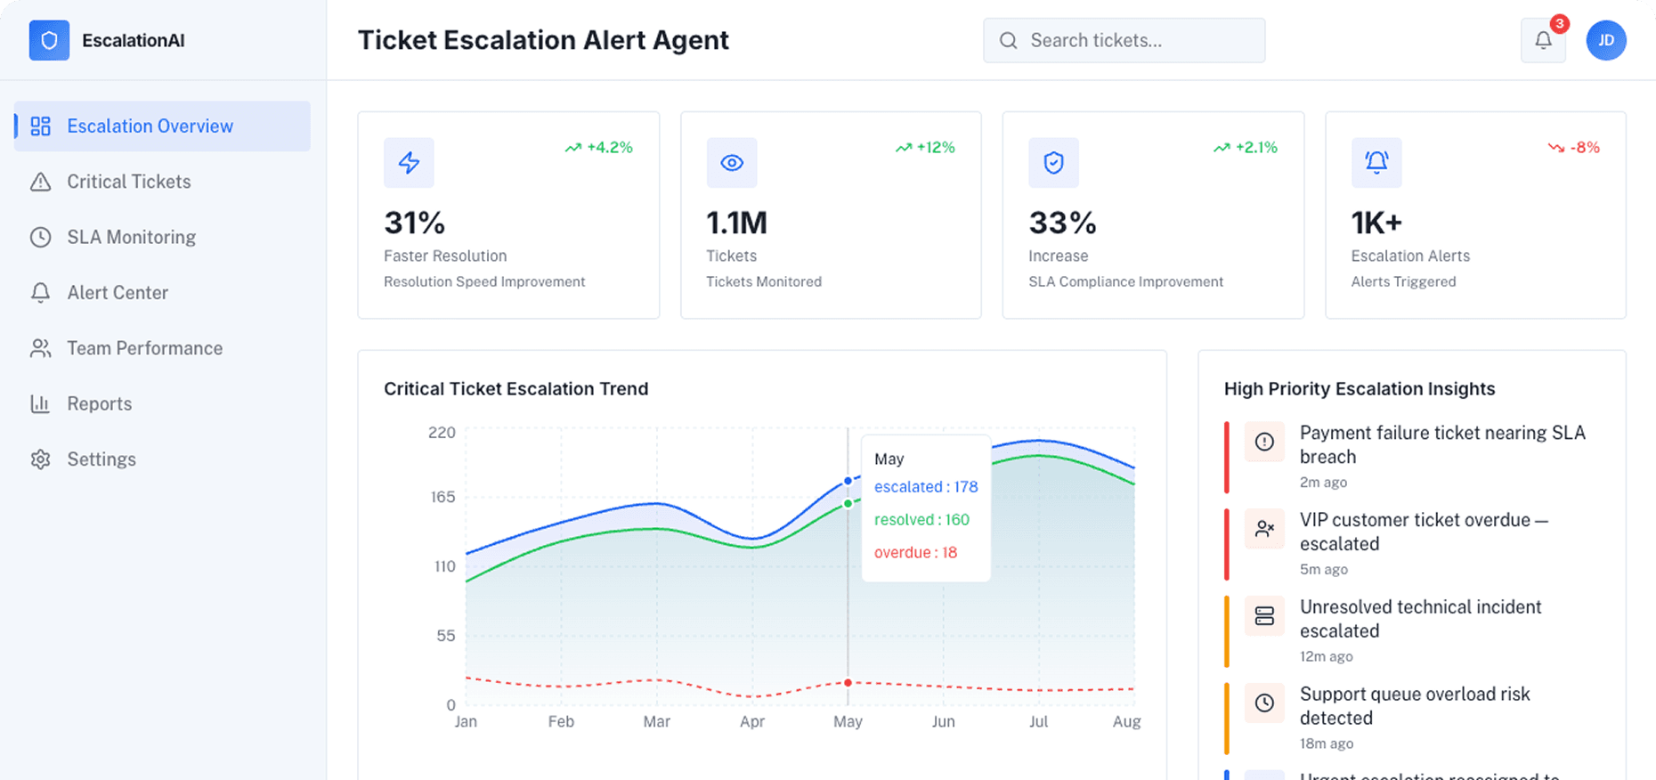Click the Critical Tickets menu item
[129, 182]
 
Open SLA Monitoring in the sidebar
[131, 237]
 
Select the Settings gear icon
[40, 459]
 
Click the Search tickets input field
[1124, 41]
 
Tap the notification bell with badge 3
[1543, 40]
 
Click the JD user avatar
[1605, 40]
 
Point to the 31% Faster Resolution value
[414, 223]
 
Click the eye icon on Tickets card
[732, 163]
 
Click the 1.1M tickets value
[736, 223]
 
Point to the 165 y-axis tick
[442, 497]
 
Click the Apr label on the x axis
[752, 721]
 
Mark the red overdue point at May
[848, 683]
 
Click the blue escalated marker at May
[848, 482]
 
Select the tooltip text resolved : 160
[921, 520]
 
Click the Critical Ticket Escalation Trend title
[515, 389]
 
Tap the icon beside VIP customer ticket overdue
[1264, 529]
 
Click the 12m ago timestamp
[1326, 656]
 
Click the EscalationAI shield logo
[49, 40]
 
